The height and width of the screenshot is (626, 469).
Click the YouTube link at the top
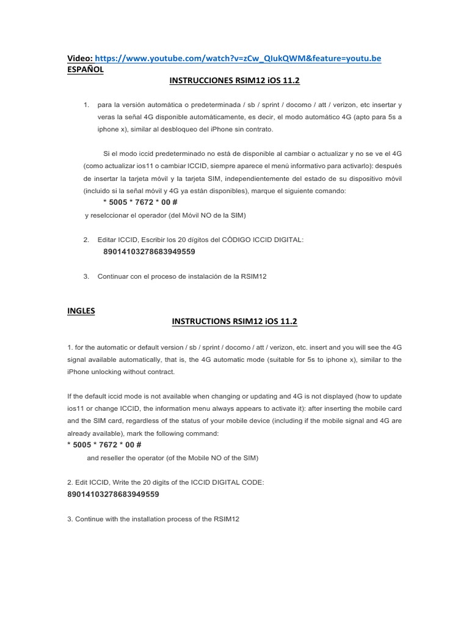click(239, 58)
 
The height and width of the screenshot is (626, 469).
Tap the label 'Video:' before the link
click(80, 58)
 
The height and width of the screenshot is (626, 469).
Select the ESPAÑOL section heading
click(85, 69)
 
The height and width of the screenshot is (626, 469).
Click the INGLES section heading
click(81, 310)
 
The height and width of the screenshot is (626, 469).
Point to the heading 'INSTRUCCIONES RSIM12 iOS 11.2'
click(234, 80)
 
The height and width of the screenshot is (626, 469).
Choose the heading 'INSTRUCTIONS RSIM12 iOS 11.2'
click(234, 322)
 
